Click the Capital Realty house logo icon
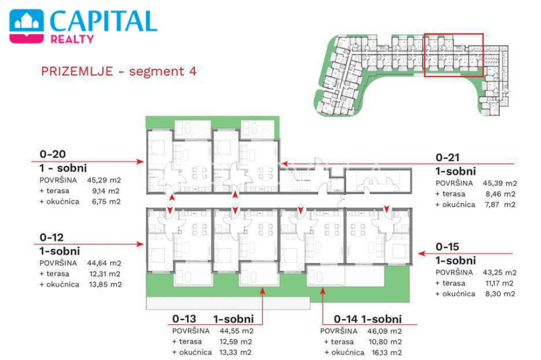(x=27, y=27)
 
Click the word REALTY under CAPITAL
(x=72, y=39)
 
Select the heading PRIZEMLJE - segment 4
(x=119, y=71)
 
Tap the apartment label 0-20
(x=52, y=154)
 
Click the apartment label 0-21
(x=448, y=157)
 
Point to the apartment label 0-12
(x=51, y=237)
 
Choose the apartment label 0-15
(x=448, y=246)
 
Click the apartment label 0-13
(x=184, y=318)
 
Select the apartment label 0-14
(x=346, y=319)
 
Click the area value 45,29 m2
(x=104, y=180)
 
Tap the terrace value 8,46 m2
(x=501, y=194)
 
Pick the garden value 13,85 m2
(x=105, y=284)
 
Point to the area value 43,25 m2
(x=499, y=272)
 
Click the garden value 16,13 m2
(x=384, y=352)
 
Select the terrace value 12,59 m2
(x=235, y=341)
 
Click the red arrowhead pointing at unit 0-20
(x=140, y=162)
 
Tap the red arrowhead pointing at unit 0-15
(x=421, y=254)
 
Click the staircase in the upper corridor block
(x=299, y=179)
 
